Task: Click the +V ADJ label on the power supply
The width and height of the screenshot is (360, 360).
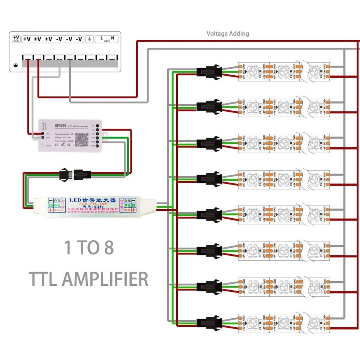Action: pyautogui.click(x=16, y=39)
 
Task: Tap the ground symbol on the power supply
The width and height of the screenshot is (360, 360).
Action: pyautogui.click(x=90, y=39)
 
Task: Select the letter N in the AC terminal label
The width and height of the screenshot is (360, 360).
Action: pyautogui.click(x=112, y=38)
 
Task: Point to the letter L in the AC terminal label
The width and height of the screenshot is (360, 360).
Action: pyautogui.click(x=101, y=38)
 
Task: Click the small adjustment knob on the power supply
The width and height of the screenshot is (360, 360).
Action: pyautogui.click(x=15, y=65)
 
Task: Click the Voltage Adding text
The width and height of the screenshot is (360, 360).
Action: pyautogui.click(x=228, y=34)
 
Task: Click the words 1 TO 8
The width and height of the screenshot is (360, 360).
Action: pyautogui.click(x=89, y=248)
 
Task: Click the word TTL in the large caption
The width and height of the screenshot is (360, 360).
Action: pyautogui.click(x=43, y=279)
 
